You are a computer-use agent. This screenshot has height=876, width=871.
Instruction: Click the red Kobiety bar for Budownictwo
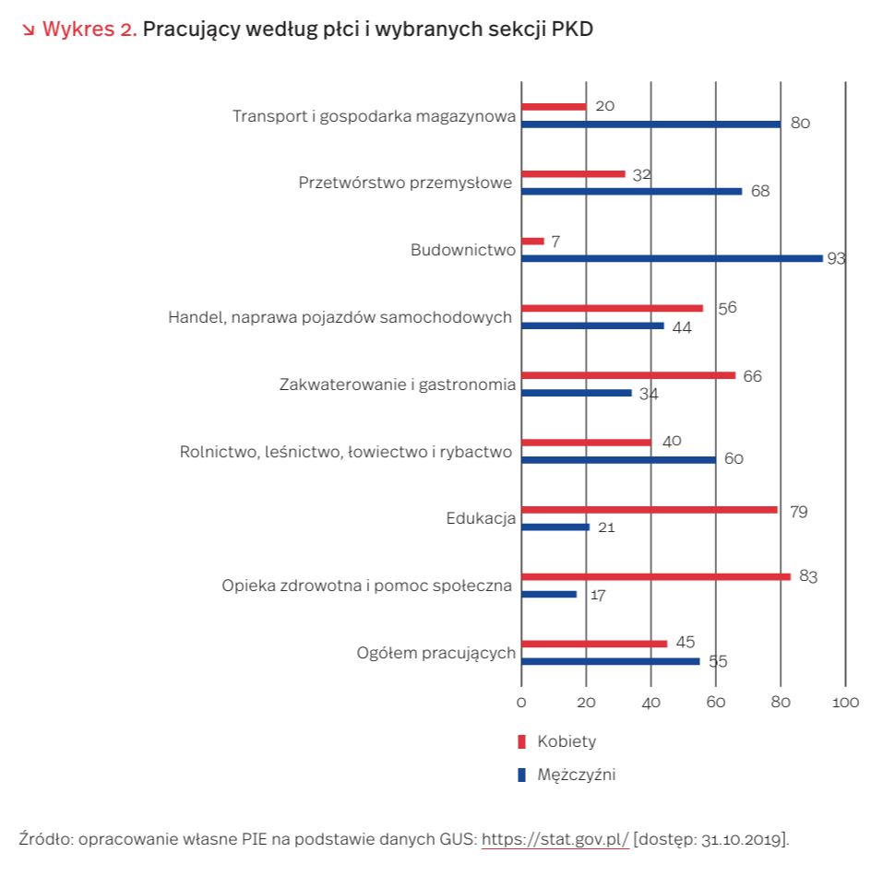point(533,242)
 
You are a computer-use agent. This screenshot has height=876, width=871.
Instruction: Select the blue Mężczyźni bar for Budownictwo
point(672,258)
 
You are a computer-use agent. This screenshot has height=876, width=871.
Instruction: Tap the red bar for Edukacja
point(650,510)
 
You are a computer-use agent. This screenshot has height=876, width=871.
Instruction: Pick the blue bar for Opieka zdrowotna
point(549,594)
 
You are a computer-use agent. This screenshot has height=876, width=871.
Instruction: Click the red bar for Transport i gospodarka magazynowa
point(554,107)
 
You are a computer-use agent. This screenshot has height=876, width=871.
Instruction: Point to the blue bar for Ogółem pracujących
point(611,661)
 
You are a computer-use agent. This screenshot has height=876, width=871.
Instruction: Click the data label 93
point(836,259)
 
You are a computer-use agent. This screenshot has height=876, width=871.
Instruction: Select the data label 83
point(808,576)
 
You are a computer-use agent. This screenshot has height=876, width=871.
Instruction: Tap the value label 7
point(555,242)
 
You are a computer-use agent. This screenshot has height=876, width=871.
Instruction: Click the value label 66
point(752,376)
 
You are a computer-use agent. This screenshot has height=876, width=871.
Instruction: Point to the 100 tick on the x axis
point(845,704)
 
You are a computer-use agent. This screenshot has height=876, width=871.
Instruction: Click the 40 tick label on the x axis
point(650,704)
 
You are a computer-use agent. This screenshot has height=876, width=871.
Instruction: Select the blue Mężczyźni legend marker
point(522,775)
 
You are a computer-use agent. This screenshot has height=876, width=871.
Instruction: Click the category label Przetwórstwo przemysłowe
point(405,183)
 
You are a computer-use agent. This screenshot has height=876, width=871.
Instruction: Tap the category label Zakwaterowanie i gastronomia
point(397,385)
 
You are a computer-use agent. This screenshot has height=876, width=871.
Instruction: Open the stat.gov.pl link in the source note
point(555,839)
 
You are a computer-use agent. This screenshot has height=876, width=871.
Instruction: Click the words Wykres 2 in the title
point(89,30)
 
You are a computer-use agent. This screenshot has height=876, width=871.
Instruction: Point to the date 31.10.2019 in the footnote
point(748,839)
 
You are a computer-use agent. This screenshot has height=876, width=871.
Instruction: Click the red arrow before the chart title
point(28,30)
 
